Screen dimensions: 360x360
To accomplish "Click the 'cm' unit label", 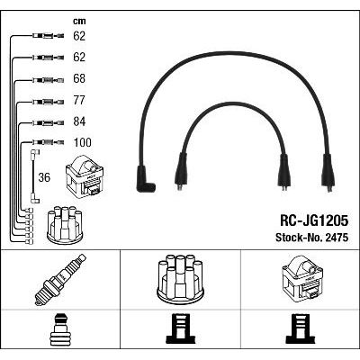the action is click(79, 21).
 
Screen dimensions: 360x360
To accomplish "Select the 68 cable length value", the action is click(79, 78).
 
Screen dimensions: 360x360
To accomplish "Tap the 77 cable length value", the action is click(79, 100).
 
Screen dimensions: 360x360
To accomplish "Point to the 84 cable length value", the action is click(79, 121).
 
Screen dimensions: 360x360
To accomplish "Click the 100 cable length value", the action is click(82, 142).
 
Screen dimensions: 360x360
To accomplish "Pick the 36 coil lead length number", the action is click(44, 177).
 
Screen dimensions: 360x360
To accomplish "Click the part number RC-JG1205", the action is click(314, 221).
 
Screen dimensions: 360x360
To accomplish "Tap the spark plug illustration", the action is click(60, 280).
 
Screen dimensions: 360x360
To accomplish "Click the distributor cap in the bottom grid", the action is click(180, 278).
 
